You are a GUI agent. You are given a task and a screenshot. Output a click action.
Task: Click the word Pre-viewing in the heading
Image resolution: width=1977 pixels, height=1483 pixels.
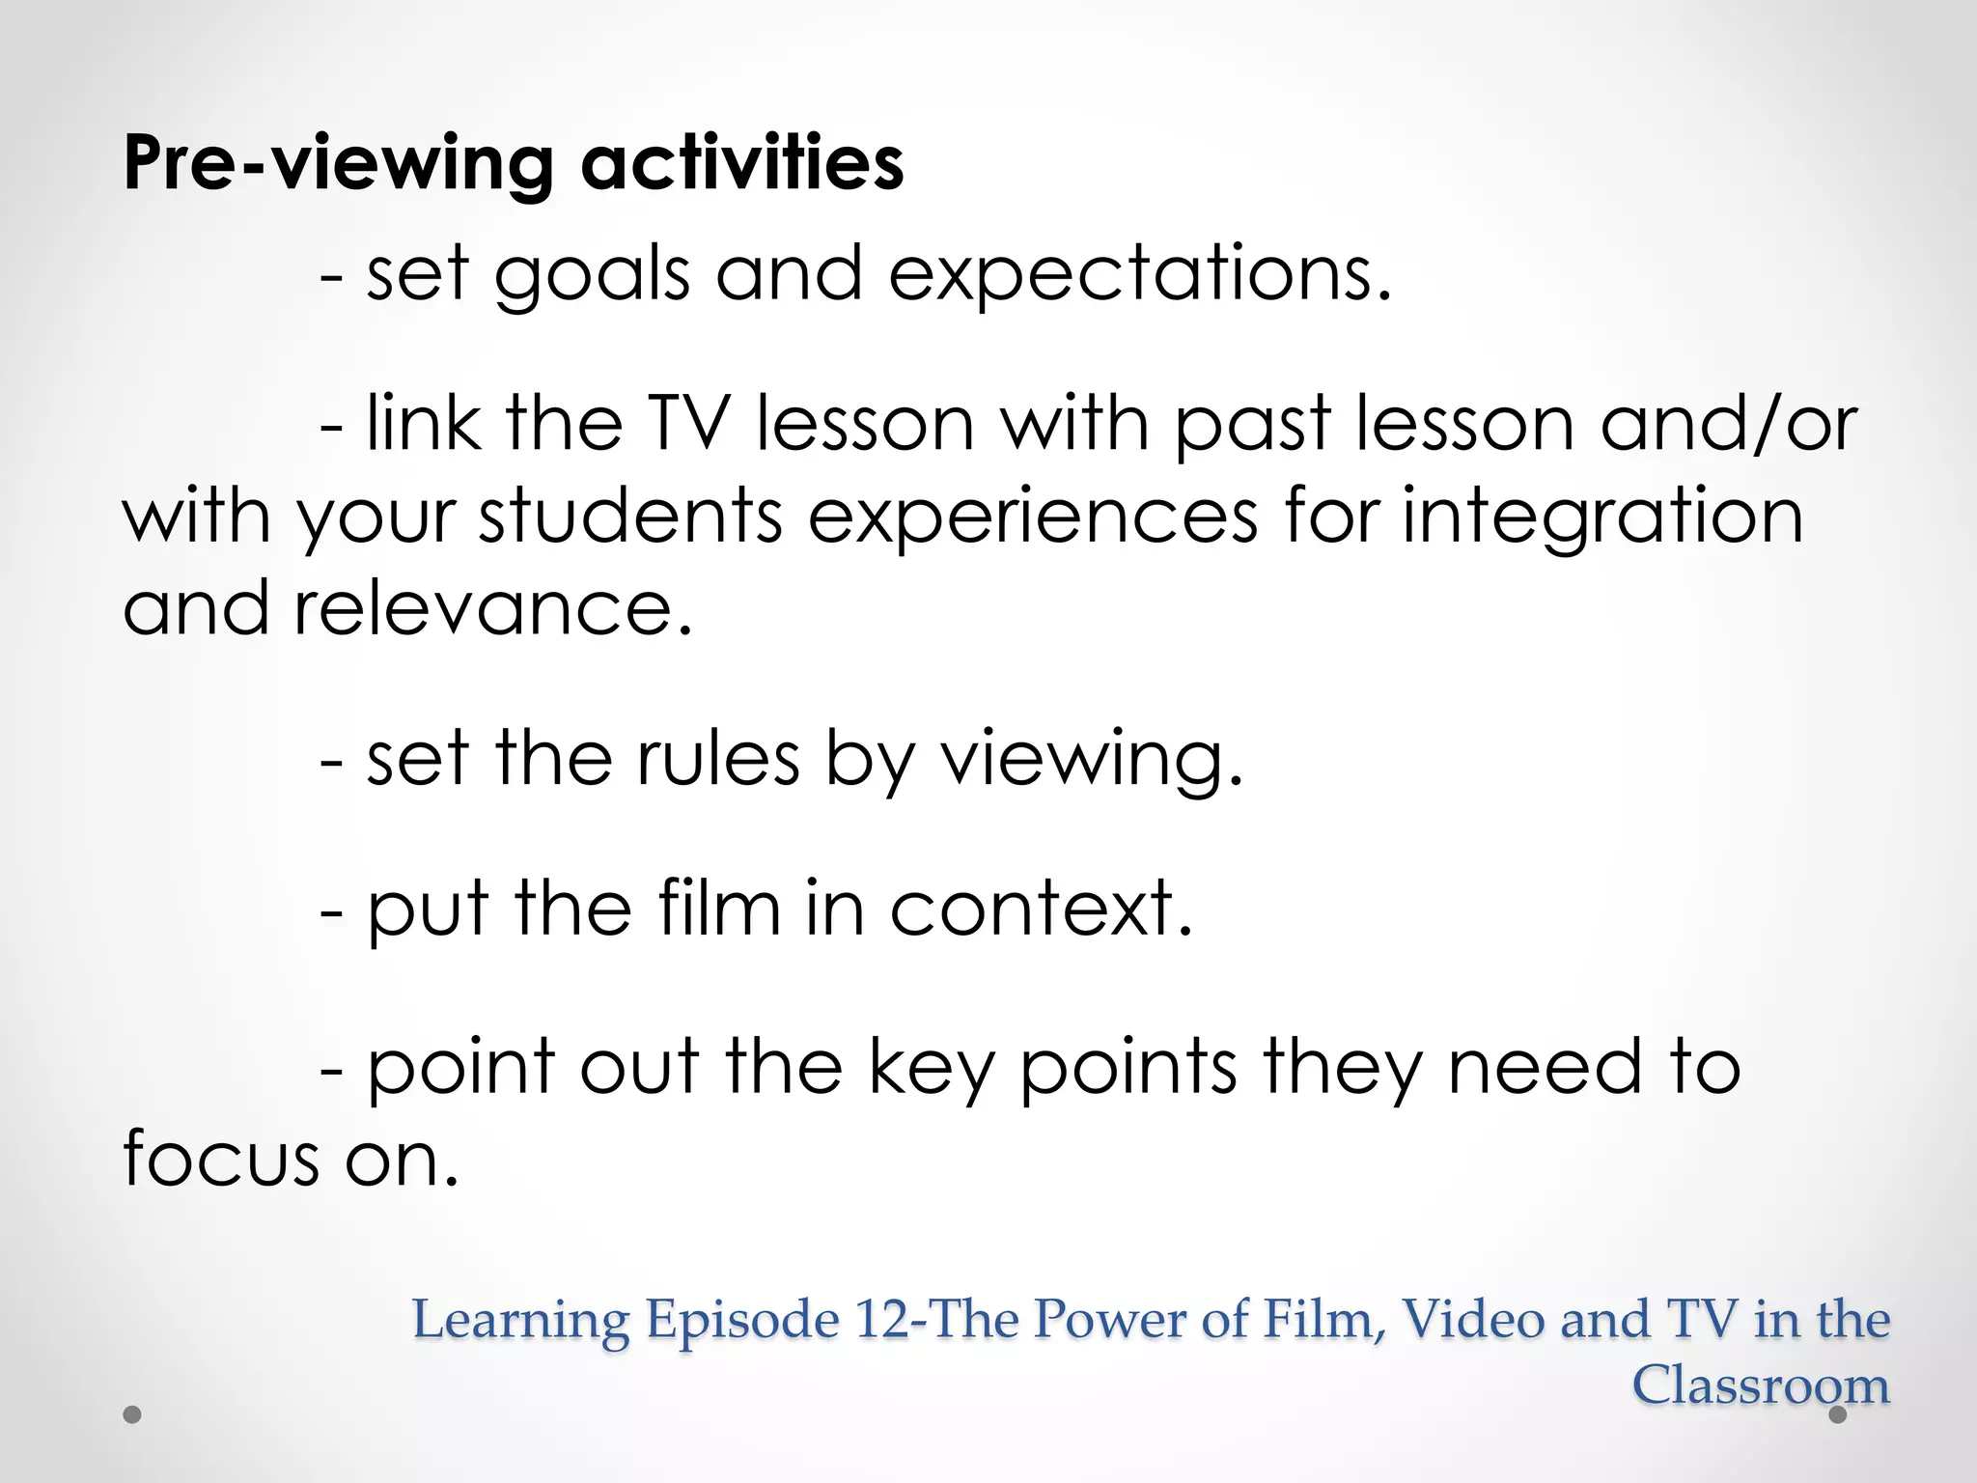pyautogui.click(x=339, y=164)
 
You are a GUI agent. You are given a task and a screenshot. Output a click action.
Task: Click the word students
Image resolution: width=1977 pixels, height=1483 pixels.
pyautogui.click(x=630, y=516)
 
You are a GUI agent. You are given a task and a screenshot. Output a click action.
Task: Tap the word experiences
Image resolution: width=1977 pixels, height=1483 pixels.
pyautogui.click(x=1033, y=518)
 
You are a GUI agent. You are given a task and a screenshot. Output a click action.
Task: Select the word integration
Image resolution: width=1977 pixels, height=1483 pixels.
pyautogui.click(x=1602, y=518)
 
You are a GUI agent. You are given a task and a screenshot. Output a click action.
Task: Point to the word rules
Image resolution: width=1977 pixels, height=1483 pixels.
pyautogui.click(x=718, y=759)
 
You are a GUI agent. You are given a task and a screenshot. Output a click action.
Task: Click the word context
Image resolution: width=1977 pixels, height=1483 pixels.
pyautogui.click(x=1041, y=909)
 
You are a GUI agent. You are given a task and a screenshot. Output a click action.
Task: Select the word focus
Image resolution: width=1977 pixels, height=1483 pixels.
pyautogui.click(x=220, y=1159)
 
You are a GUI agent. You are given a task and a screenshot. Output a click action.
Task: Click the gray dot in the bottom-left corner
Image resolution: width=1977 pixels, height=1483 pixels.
pyautogui.click(x=132, y=1414)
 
